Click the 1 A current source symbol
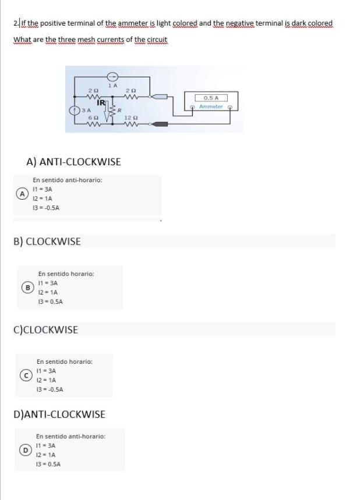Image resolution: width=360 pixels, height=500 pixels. point(114,76)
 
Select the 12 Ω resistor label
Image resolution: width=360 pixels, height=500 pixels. point(129,118)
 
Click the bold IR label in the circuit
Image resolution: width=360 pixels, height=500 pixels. point(101,103)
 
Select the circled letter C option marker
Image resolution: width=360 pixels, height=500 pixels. point(26,375)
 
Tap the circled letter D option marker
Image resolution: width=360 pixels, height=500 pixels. point(25,450)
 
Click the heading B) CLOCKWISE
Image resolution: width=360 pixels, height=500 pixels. point(47,241)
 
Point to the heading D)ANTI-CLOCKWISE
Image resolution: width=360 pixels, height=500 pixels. point(59,414)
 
